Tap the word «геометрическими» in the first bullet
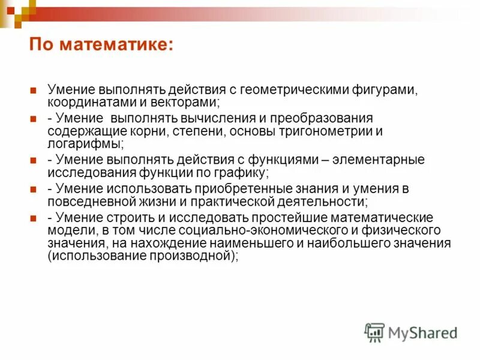tap(298, 89)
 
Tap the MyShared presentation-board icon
tap(374, 332)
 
